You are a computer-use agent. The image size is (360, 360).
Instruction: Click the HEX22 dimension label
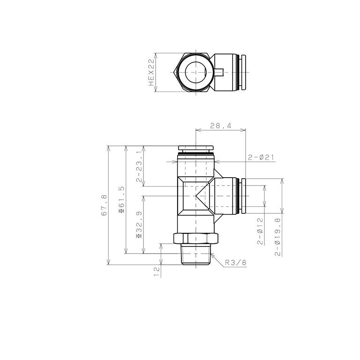151,72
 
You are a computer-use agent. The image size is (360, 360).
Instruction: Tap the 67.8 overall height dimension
104,205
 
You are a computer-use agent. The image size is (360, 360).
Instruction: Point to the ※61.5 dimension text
122,199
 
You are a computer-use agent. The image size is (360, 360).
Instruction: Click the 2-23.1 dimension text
139,166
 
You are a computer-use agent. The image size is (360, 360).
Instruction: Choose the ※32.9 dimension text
139,225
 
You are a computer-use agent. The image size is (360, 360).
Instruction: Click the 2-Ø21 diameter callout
261,157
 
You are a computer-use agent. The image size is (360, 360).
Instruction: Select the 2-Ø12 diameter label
260,231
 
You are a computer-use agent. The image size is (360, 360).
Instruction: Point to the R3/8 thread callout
236,262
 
